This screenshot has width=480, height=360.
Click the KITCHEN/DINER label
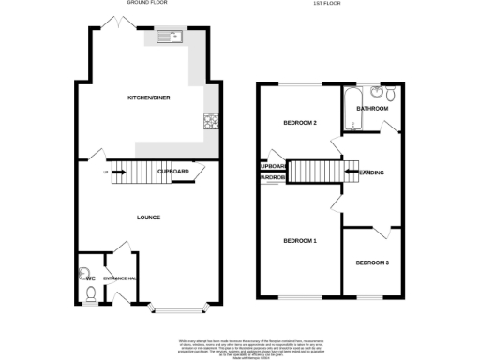tap(149, 97)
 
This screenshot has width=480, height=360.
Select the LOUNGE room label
tap(148, 217)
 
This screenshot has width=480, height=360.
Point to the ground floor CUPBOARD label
tap(174, 172)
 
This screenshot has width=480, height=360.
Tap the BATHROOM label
tap(372, 109)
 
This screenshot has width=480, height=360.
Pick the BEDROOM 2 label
tap(301, 123)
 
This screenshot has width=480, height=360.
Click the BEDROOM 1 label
tap(300, 241)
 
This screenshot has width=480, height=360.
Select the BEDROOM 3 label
tap(371, 262)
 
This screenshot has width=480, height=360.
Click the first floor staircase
tap(315, 172)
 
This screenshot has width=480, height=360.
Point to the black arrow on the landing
tap(353, 172)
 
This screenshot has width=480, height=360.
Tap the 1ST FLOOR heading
tap(326, 3)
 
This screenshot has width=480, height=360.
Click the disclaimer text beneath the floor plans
tap(240, 345)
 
